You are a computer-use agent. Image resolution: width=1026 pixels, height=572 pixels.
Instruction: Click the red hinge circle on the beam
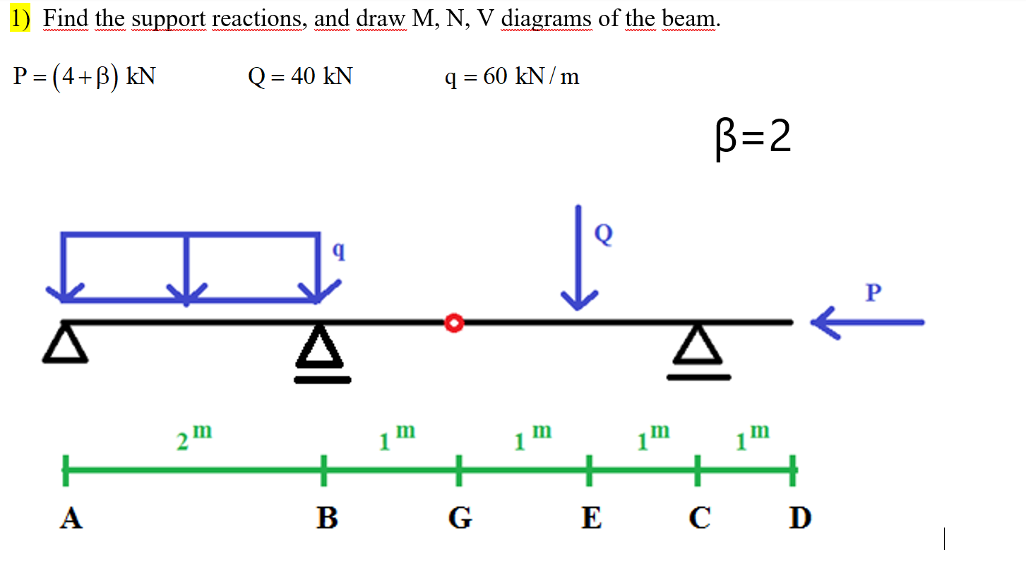tap(454, 323)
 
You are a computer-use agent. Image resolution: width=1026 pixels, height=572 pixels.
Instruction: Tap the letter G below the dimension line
tap(460, 518)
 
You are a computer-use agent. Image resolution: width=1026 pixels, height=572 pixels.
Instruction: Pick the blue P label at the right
tap(874, 292)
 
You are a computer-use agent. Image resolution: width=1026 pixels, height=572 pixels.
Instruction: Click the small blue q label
tap(339, 250)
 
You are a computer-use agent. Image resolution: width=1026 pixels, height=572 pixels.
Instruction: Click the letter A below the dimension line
tap(71, 518)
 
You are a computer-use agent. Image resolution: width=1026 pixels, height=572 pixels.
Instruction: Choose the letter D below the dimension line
tap(800, 518)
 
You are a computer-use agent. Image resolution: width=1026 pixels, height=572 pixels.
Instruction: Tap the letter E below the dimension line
tap(591, 518)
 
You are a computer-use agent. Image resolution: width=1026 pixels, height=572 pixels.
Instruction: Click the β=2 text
tap(752, 138)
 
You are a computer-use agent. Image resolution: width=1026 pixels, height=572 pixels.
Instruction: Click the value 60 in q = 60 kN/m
tap(495, 76)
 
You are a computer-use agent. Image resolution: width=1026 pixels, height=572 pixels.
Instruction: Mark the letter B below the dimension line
tap(326, 518)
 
